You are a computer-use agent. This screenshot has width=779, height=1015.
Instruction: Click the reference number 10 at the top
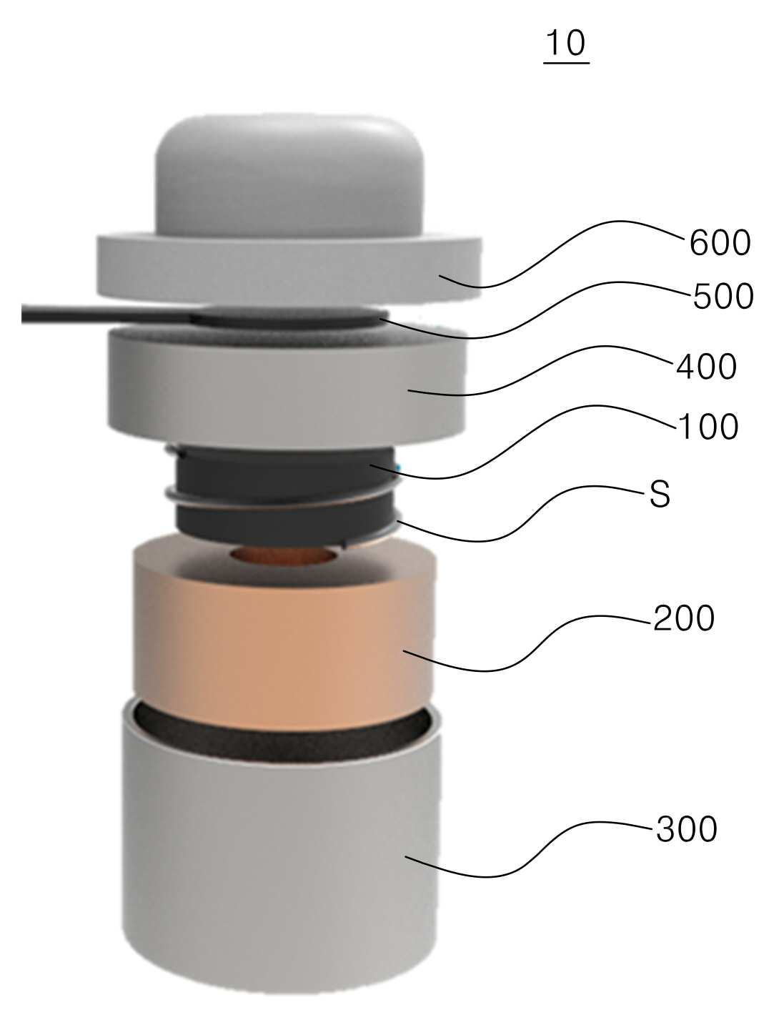click(566, 43)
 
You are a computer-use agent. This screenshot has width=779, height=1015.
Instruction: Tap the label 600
click(720, 243)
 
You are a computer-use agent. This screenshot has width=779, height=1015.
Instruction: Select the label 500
click(723, 297)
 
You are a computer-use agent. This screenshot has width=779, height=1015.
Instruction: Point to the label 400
click(706, 367)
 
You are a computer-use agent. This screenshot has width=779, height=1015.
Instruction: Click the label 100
click(708, 427)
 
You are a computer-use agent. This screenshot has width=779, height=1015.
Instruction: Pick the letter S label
click(660, 494)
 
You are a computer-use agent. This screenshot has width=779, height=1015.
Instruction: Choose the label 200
click(684, 618)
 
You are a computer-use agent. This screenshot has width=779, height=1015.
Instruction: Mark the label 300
click(686, 829)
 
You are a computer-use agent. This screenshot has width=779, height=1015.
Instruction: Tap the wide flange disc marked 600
click(289, 269)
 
